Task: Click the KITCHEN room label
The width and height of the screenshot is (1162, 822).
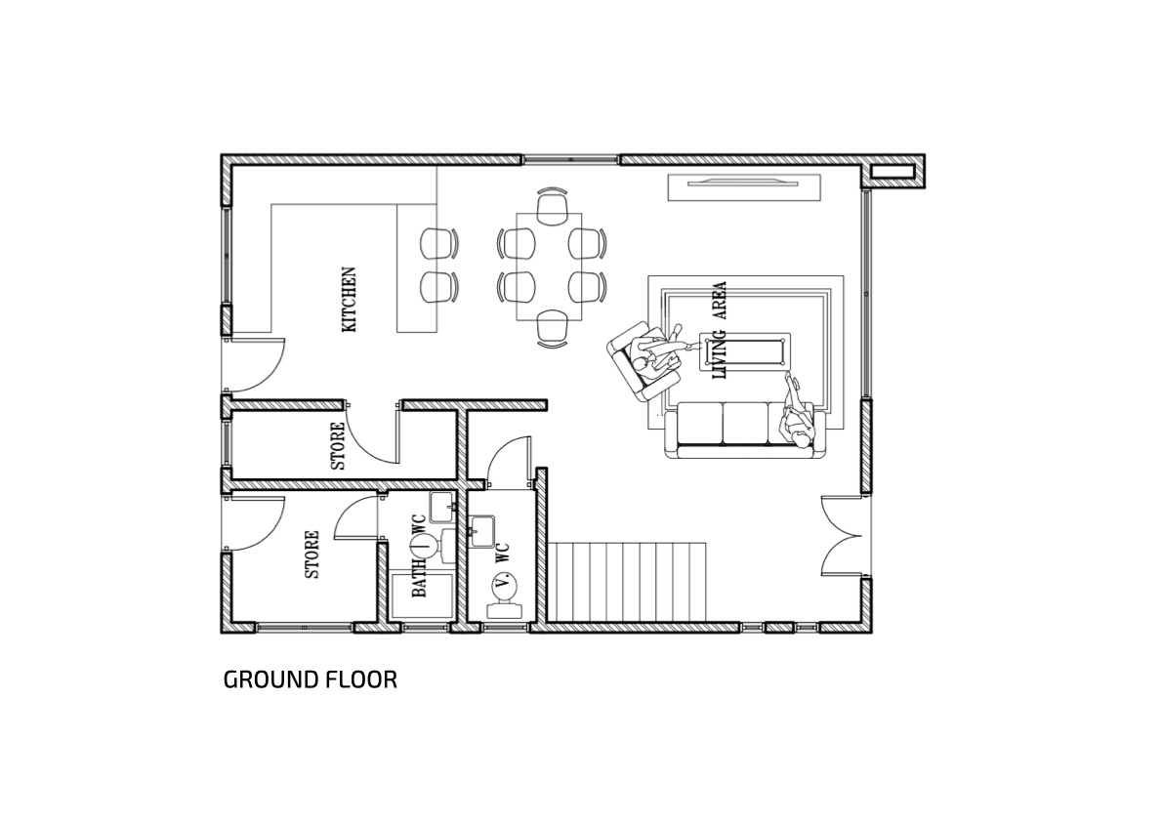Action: tap(349, 300)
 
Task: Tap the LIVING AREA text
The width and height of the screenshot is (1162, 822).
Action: tap(718, 331)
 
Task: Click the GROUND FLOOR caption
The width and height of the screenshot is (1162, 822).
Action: tap(310, 679)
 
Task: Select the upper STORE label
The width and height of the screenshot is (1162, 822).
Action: tap(337, 446)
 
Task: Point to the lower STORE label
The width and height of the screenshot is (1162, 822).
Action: tap(312, 555)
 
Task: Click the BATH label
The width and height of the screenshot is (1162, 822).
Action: tap(419, 577)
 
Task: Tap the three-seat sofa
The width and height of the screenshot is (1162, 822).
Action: tap(745, 430)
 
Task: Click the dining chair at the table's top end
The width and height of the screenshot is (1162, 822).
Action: tap(551, 205)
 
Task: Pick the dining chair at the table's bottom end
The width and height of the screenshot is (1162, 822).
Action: tap(551, 328)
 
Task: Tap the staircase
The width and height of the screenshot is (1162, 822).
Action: tap(627, 582)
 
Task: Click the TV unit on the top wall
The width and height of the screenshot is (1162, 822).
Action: tap(744, 186)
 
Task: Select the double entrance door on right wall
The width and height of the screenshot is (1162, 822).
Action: tap(843, 535)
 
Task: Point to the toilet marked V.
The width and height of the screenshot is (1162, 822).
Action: tap(504, 596)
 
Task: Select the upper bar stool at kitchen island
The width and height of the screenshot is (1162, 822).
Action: tap(437, 244)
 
